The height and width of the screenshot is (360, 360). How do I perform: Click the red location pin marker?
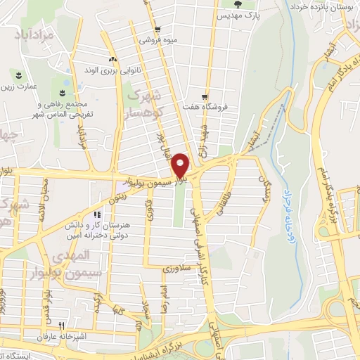(181, 165)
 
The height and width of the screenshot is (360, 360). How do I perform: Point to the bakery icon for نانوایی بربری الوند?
(111, 60)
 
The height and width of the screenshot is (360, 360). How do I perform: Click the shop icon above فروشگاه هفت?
(205, 97)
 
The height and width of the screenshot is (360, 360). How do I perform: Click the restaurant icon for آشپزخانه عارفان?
(62, 326)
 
